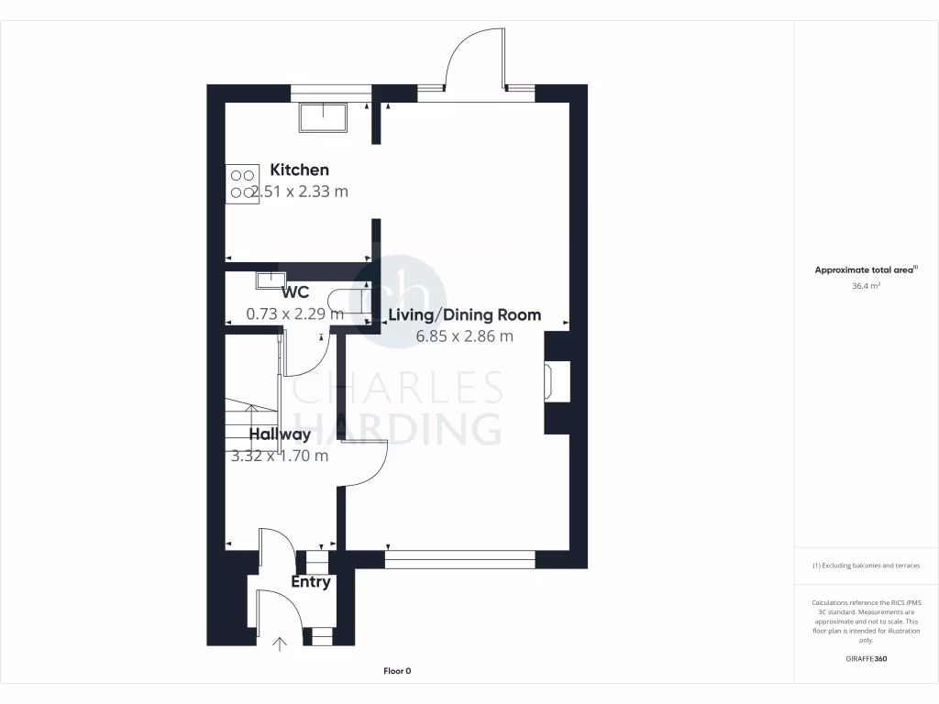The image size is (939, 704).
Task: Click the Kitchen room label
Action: pos(299,170)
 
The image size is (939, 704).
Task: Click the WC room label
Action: pos(295,292)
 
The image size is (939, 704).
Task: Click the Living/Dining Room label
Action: pos(465,314)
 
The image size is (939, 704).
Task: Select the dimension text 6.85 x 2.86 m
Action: pos(465,336)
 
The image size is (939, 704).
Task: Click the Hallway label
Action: pos(280,434)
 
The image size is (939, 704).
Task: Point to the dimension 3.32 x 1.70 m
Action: pos(280,456)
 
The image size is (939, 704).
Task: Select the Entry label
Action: pos(311,582)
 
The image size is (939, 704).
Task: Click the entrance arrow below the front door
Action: pos(280,644)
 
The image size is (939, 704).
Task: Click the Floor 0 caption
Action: pos(397,671)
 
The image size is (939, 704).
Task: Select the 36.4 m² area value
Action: pos(866,286)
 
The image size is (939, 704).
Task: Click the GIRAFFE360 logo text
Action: pos(866,658)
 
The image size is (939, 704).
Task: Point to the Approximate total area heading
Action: pos(866,270)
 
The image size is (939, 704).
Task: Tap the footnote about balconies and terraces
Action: pos(866,566)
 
